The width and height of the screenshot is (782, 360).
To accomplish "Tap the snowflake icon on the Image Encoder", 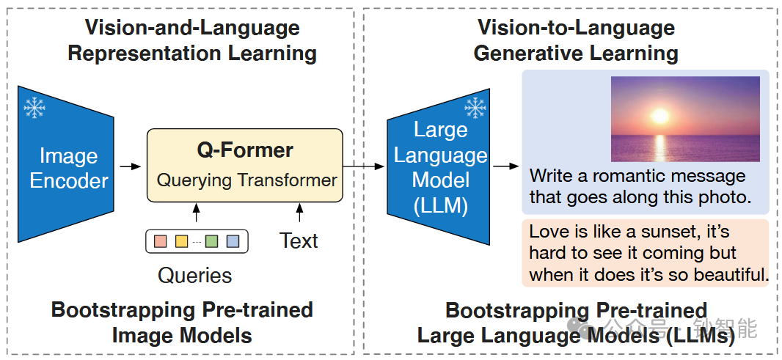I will pyautogui.click(x=34, y=109).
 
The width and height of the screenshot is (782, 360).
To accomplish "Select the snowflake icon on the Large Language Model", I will pyautogui.click(x=475, y=108).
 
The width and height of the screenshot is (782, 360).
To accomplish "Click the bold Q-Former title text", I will pyautogui.click(x=245, y=150).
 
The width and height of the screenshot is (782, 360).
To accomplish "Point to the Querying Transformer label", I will pyautogui.click(x=246, y=180).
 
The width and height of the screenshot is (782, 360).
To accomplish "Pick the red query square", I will pyautogui.click(x=161, y=240).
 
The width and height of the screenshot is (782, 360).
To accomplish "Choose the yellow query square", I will pyautogui.click(x=181, y=240).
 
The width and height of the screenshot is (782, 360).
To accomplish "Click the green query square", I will pyautogui.click(x=212, y=240).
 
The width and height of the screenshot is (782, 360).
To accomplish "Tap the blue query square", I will pyautogui.click(x=233, y=240).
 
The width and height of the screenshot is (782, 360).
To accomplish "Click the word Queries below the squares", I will pyautogui.click(x=195, y=275).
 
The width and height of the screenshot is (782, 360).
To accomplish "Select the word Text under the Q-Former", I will pyautogui.click(x=299, y=240).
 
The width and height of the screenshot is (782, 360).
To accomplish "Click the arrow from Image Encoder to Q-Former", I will pyautogui.click(x=130, y=167).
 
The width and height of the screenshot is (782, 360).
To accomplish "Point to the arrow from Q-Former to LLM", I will pyautogui.click(x=364, y=167).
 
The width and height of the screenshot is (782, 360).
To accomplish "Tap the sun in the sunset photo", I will pyautogui.click(x=660, y=116).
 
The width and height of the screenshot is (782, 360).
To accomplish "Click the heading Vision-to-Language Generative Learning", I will pyautogui.click(x=576, y=40).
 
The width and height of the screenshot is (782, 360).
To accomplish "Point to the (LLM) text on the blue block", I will pyautogui.click(x=440, y=206).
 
